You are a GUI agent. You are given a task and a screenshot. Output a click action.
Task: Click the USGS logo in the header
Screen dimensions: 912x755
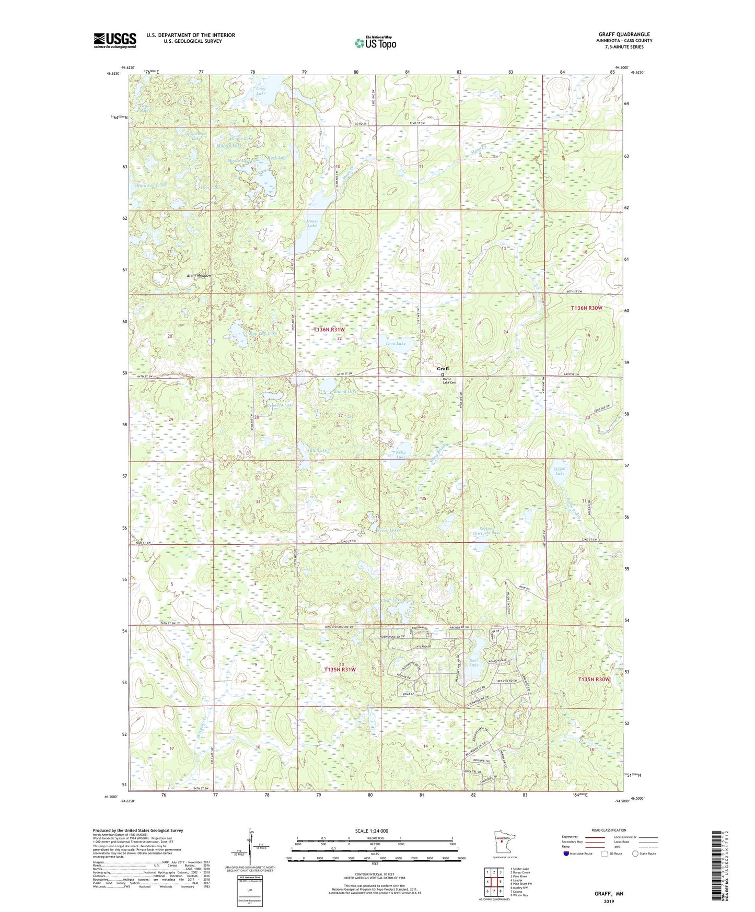[x=114, y=40]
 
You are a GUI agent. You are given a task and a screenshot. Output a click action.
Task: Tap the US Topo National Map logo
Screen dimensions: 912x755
[x=375, y=43]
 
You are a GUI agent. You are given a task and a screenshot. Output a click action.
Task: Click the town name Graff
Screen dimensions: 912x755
[x=443, y=369]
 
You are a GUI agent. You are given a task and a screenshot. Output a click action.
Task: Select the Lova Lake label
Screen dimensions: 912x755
[x=395, y=343]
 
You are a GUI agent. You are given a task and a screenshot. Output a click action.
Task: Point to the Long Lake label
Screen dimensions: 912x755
[x=260, y=91]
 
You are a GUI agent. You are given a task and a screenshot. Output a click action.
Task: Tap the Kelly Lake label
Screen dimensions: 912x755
[x=401, y=454]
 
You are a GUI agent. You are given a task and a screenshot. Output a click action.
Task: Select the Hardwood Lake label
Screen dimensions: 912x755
[x=152, y=185]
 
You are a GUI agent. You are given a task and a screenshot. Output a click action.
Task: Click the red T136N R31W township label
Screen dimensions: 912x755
[x=329, y=330]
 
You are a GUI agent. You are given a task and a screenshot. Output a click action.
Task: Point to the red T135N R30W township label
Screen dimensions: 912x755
[x=594, y=679]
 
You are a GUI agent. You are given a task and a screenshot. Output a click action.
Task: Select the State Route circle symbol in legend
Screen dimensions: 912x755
[x=635, y=853]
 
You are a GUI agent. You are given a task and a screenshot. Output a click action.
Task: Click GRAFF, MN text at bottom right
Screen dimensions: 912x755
[x=609, y=894]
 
